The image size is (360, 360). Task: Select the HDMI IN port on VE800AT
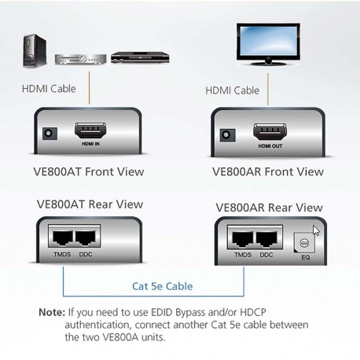(x=89, y=130)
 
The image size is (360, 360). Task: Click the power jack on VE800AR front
(x=228, y=134)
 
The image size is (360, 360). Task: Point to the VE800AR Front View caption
(x=267, y=171)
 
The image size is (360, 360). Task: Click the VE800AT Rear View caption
(x=90, y=204)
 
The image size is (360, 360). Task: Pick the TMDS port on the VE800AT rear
(x=61, y=237)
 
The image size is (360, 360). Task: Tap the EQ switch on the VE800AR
(x=304, y=241)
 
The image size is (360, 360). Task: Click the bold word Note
(x=52, y=311)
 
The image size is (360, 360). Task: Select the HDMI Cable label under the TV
(x=233, y=90)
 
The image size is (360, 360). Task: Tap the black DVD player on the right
(x=129, y=57)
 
